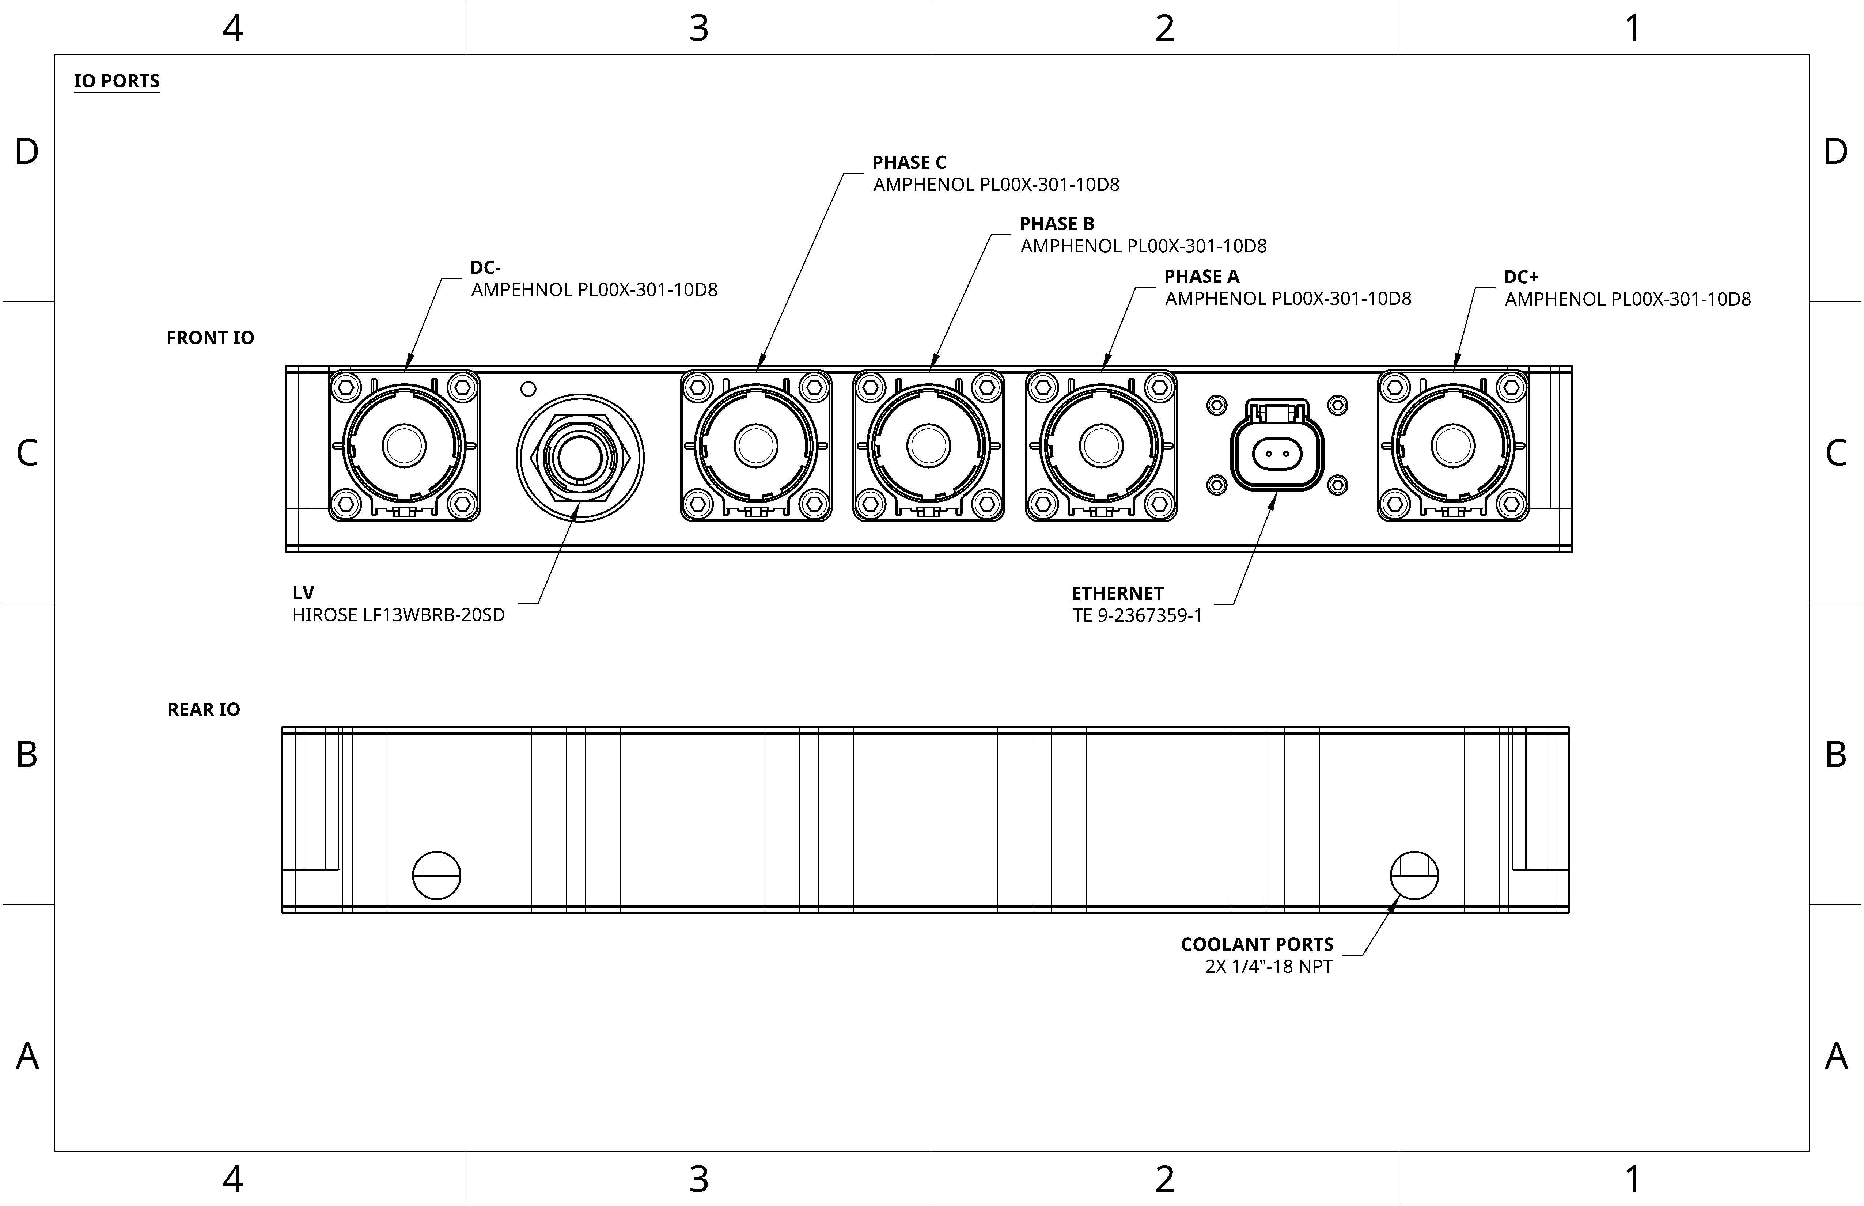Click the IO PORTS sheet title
[x=117, y=81]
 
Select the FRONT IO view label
[x=210, y=338]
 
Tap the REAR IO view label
[x=204, y=709]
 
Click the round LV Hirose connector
[x=580, y=458]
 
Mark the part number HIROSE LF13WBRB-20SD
[x=399, y=615]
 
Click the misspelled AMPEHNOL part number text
[x=594, y=290]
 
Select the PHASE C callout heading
[x=909, y=163]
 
